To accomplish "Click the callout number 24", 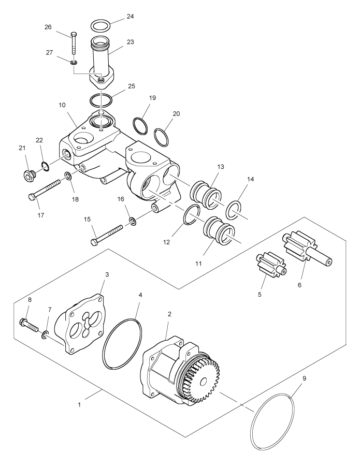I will click(x=130, y=16).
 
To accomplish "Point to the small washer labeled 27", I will click(x=74, y=62).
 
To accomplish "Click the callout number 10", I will click(x=62, y=105).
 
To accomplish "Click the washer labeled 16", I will click(x=133, y=221).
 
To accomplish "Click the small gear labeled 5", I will click(x=270, y=264).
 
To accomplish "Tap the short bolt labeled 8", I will click(x=31, y=325).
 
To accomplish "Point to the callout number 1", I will click(x=79, y=404).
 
